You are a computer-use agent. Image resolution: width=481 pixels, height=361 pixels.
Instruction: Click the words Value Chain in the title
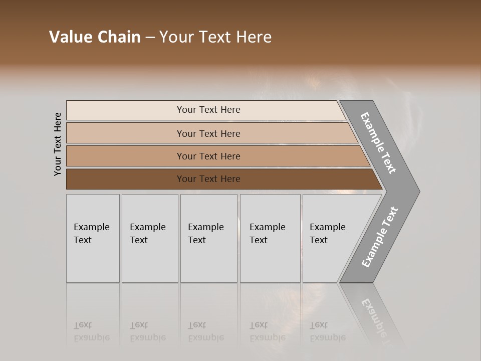tap(95, 37)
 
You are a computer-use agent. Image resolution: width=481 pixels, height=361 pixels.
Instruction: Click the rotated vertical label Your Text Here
tap(58, 144)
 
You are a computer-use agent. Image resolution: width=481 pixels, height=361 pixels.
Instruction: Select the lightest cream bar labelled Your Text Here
tap(208, 110)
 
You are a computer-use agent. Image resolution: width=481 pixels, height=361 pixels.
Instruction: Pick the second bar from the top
tap(208, 133)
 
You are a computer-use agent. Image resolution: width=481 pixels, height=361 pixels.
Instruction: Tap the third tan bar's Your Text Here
tap(208, 156)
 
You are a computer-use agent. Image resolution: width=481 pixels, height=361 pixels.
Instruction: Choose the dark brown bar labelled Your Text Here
tap(208, 179)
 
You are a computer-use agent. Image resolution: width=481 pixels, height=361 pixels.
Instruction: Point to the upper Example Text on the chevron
tap(378, 143)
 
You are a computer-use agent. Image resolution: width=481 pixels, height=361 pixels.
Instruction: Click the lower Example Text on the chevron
tap(379, 237)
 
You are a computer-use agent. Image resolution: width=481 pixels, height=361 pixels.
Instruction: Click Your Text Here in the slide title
tap(215, 37)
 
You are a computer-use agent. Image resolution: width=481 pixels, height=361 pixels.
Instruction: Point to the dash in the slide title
tap(150, 38)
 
